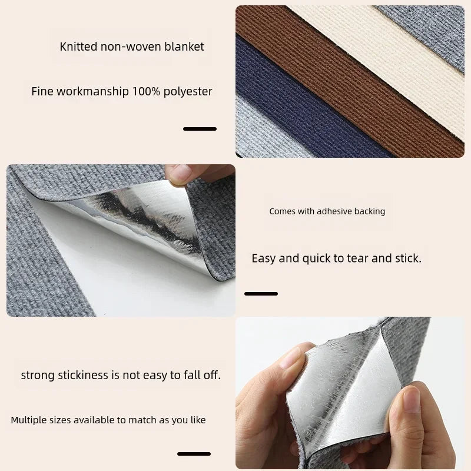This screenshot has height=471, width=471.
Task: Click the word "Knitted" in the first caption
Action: (x=78, y=47)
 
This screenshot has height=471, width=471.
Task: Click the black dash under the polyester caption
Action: (x=200, y=128)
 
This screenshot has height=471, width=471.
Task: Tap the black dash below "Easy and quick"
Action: (x=261, y=293)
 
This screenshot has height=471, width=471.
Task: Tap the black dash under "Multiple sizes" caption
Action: (x=194, y=453)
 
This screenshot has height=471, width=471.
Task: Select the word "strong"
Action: (x=37, y=375)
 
